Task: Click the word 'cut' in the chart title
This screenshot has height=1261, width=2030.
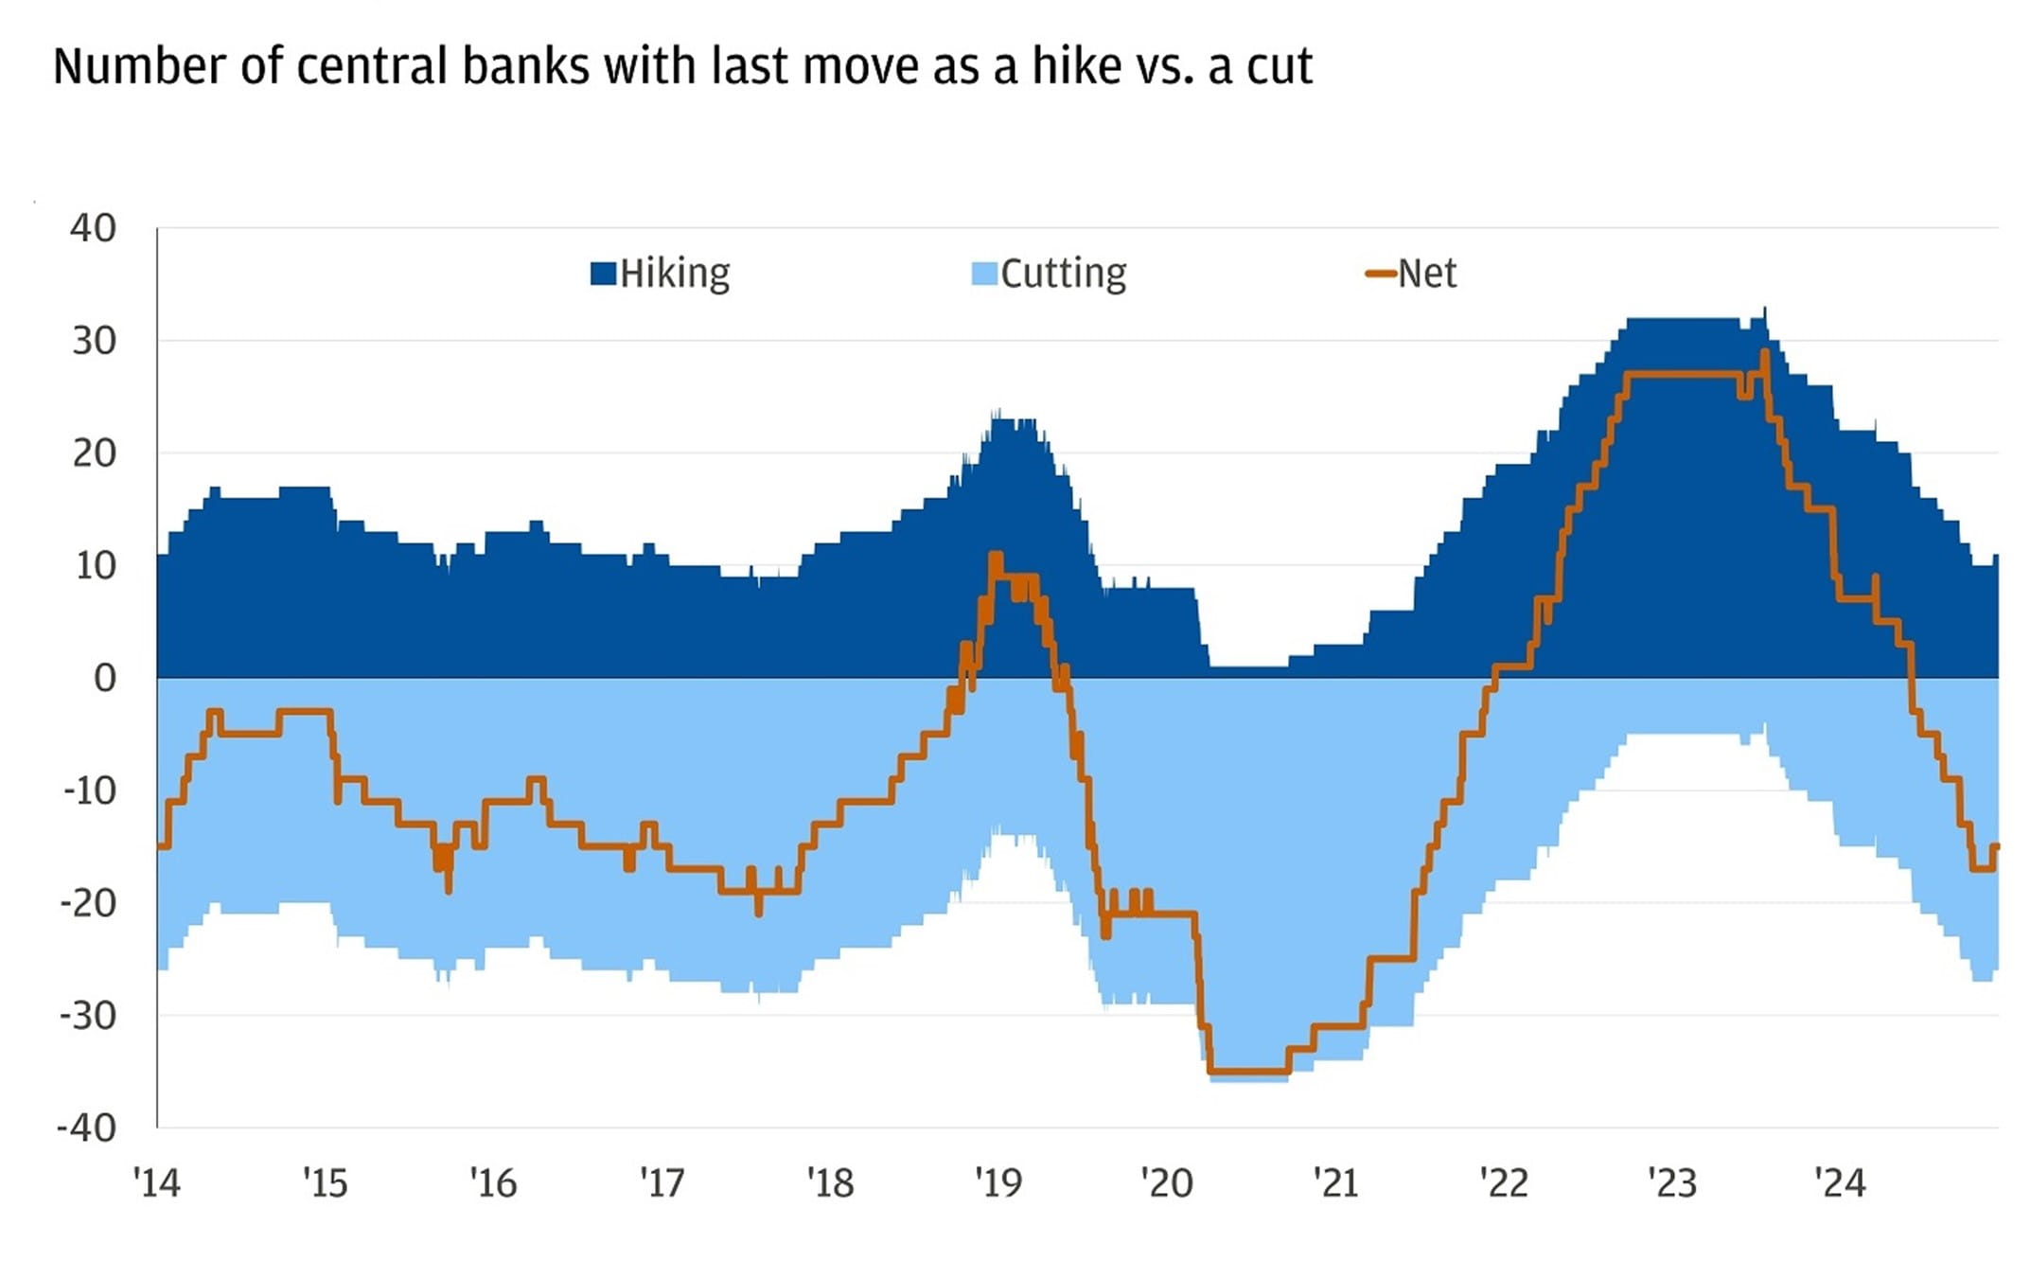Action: [x=1279, y=66]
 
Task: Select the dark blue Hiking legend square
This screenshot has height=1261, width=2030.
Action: [x=603, y=274]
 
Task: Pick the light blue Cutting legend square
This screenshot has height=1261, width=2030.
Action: [x=984, y=274]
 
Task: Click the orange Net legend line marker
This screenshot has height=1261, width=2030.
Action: [x=1380, y=274]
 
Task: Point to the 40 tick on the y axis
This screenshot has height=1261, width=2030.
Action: [x=94, y=228]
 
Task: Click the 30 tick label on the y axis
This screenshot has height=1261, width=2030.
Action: [x=94, y=341]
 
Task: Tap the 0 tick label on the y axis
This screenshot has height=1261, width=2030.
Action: [x=105, y=678]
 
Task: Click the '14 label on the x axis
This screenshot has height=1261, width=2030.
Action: [x=157, y=1182]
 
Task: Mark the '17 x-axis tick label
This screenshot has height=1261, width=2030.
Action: [x=662, y=1182]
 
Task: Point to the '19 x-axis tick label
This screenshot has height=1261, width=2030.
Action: [x=998, y=1182]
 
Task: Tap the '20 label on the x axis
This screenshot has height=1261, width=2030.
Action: [x=1167, y=1182]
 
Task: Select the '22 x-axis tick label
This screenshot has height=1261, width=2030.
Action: [x=1504, y=1182]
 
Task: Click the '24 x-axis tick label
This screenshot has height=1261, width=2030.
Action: [x=1840, y=1182]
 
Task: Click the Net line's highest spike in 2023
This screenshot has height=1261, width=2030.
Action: [x=1765, y=353]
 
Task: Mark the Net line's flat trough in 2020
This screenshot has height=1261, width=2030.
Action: [x=1249, y=1072]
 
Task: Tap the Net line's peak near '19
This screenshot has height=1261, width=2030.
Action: [x=995, y=556]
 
